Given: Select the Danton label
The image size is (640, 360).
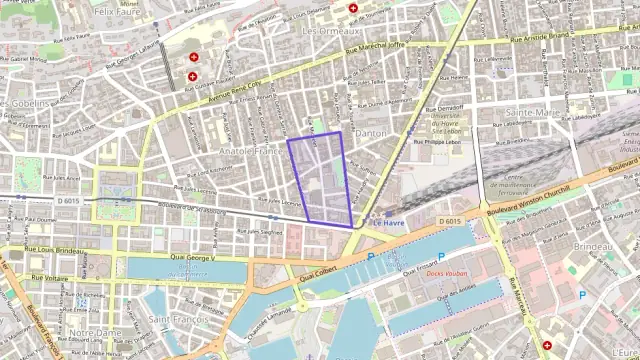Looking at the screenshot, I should point(371,133).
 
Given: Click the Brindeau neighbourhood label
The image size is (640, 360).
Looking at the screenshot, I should point(593,246).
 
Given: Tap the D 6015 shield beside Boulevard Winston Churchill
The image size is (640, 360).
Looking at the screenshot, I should point(451,221).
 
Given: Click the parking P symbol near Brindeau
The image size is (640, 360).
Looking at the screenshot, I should point(583,294).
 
